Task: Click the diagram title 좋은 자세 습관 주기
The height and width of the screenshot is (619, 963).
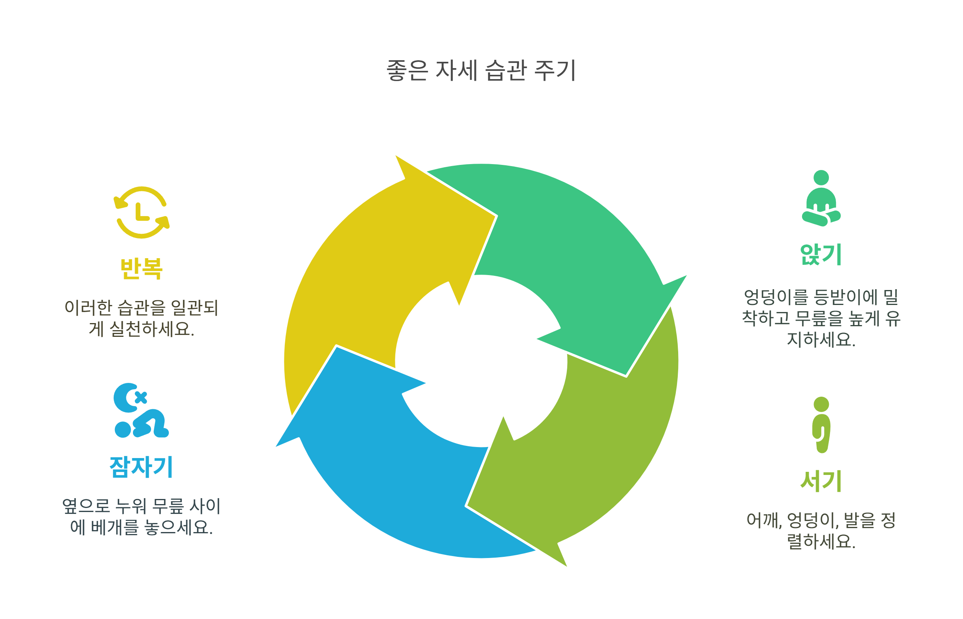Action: pyautogui.click(x=481, y=70)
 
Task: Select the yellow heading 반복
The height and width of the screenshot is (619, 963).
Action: pyautogui.click(x=141, y=268)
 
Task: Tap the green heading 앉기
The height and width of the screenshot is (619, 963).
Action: pyautogui.click(x=821, y=255)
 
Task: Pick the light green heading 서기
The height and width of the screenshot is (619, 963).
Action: pyautogui.click(x=821, y=481)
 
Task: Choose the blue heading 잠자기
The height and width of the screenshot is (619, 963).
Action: pyautogui.click(x=141, y=467)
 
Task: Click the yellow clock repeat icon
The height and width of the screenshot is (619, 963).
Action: pyautogui.click(x=141, y=212)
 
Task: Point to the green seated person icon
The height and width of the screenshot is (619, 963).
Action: pyautogui.click(x=821, y=199)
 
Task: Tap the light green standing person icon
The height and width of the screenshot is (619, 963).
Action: pyautogui.click(x=821, y=425)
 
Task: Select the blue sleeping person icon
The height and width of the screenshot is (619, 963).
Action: pyautogui.click(x=140, y=410)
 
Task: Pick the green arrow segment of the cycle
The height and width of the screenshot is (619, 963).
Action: pyautogui.click(x=583, y=249)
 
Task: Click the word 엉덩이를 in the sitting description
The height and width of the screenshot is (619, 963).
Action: pyautogui.click(x=775, y=297)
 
